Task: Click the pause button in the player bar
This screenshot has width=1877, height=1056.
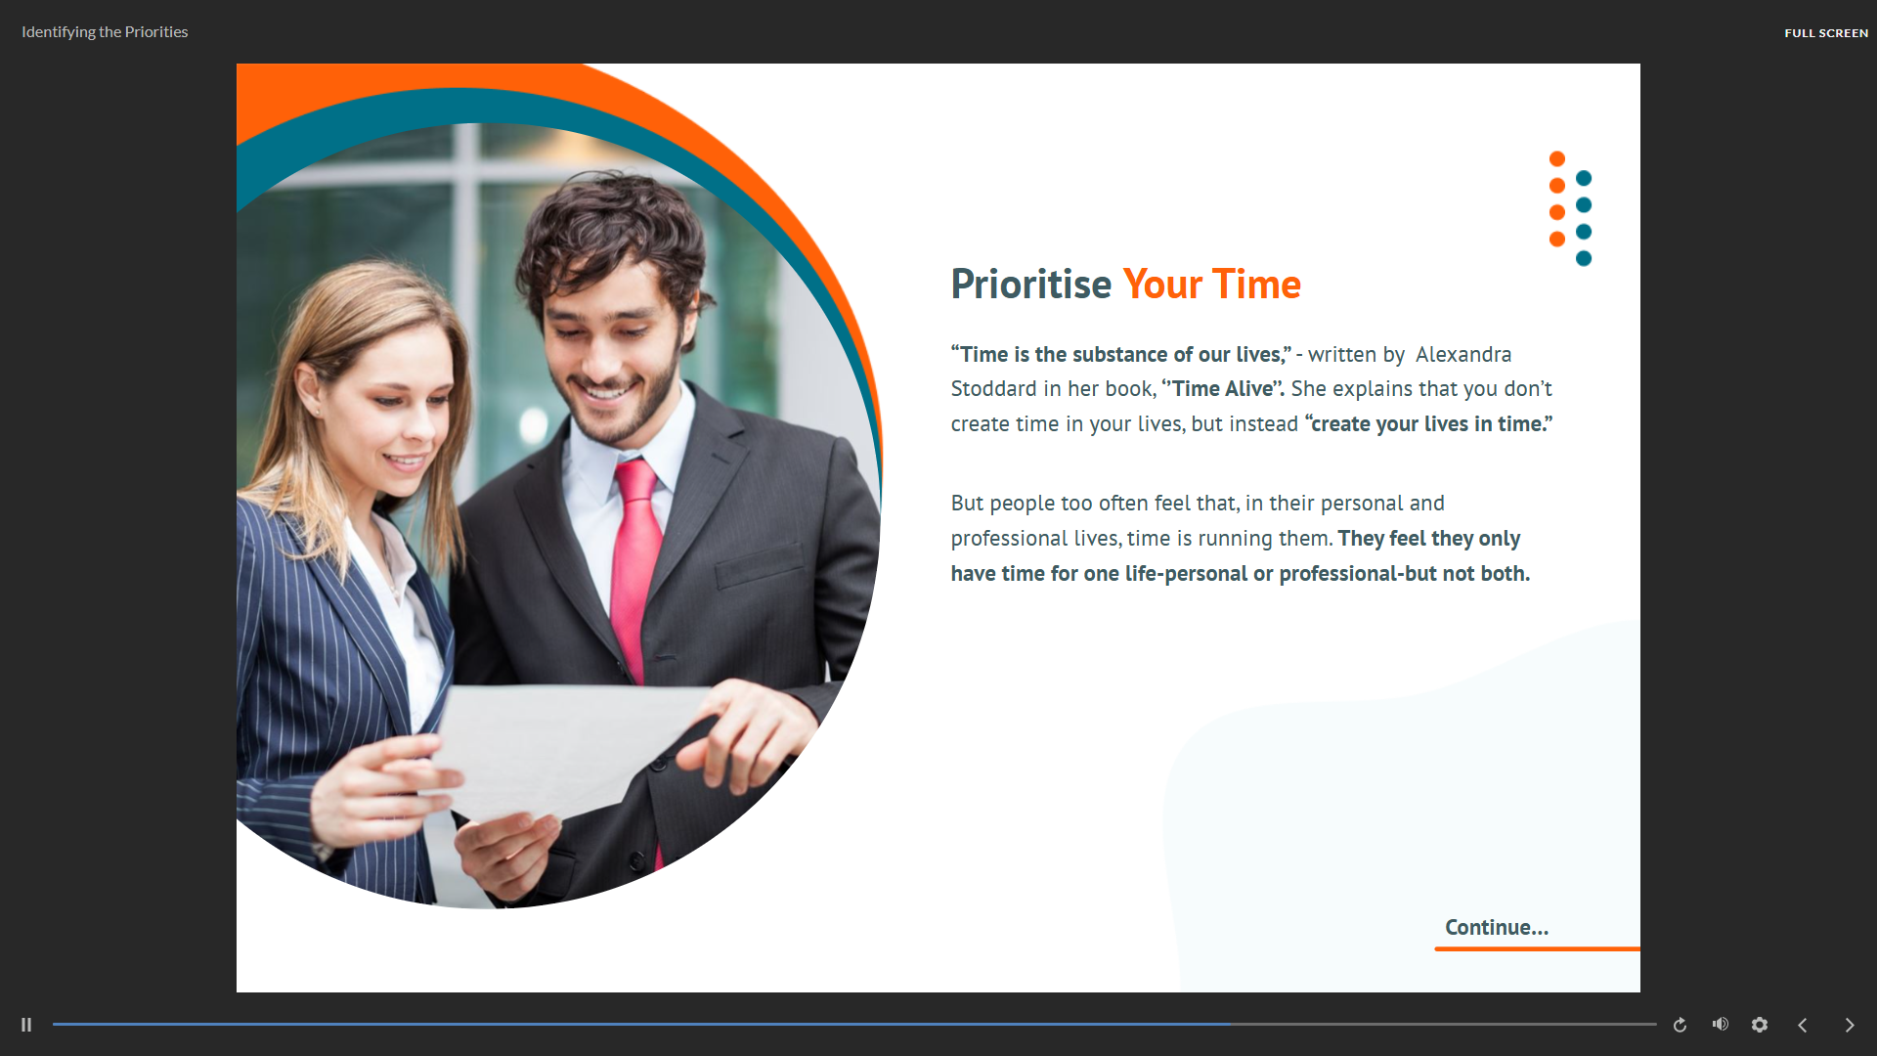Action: tap(26, 1025)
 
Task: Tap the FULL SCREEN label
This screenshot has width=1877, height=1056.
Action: tap(1826, 33)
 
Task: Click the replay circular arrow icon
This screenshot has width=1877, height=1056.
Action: tap(1680, 1025)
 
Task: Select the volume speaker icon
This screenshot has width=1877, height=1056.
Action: tap(1721, 1024)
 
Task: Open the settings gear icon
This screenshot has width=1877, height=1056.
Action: tap(1760, 1025)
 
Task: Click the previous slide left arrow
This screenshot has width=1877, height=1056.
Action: tap(1803, 1025)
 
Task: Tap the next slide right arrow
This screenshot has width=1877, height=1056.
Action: tap(1850, 1025)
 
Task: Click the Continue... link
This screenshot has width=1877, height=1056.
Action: tap(1497, 927)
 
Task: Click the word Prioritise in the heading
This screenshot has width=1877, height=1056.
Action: tap(1031, 285)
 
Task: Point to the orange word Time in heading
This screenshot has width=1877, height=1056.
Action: tap(1256, 285)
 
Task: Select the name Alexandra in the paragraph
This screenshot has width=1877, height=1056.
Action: tap(1463, 354)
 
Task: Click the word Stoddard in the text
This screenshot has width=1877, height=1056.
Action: tap(993, 388)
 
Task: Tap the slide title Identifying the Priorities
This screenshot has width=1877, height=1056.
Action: tap(105, 32)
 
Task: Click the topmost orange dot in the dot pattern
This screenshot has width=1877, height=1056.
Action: tap(1557, 158)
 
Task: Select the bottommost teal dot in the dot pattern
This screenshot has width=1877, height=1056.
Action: tap(1584, 258)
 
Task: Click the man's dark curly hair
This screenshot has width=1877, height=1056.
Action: tap(611, 235)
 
